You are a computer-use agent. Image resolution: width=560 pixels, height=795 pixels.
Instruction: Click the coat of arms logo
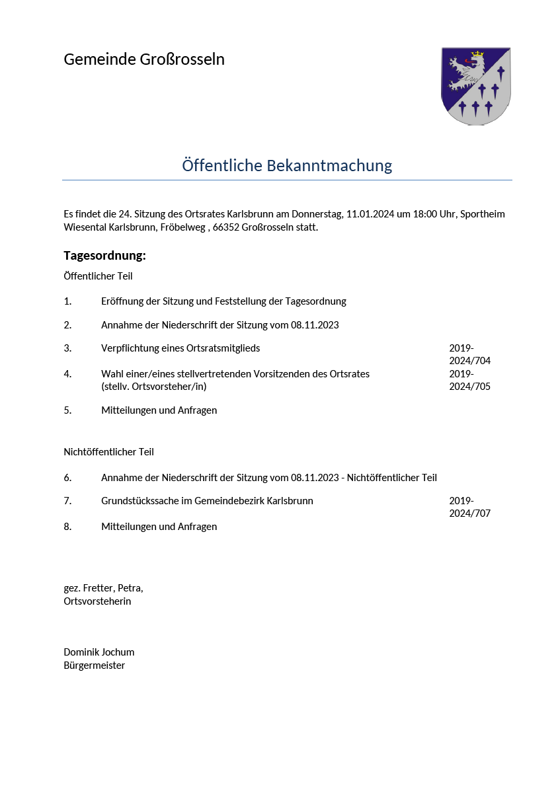coord(475,86)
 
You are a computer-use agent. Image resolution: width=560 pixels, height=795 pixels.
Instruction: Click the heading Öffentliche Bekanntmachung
coord(287,165)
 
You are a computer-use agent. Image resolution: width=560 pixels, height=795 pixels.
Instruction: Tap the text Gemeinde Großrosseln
coord(144,59)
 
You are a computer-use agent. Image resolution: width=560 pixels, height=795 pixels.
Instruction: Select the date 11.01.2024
coord(370,214)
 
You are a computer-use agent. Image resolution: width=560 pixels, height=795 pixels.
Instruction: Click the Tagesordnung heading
coord(104,256)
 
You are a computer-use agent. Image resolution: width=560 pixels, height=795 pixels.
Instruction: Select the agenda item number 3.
coord(67,348)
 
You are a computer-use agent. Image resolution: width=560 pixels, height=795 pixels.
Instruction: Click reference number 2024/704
coord(469,361)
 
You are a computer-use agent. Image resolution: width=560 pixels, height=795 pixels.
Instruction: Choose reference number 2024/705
coord(469,387)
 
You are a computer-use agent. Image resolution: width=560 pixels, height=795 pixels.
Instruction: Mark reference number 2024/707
coord(469,513)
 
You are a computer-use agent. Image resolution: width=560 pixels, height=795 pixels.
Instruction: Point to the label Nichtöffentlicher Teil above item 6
coord(108,452)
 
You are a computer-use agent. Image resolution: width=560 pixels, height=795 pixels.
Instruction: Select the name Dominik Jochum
coord(99,652)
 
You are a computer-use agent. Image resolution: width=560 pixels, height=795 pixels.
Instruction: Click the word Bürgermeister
coord(94,665)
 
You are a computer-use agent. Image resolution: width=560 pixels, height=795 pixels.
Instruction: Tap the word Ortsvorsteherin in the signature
coord(97,601)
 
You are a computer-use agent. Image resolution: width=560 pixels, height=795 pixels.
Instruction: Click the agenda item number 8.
coord(67,527)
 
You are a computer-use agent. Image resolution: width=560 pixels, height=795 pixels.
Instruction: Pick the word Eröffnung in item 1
coord(124,301)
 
